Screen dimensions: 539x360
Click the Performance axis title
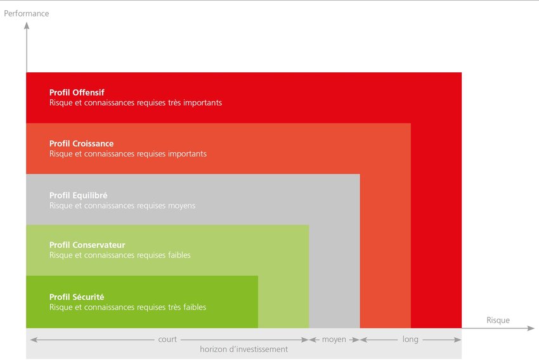click(x=27, y=13)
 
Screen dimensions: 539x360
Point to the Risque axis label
click(x=498, y=320)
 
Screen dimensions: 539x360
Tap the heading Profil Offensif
click(x=77, y=93)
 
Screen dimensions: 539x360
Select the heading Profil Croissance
click(x=81, y=144)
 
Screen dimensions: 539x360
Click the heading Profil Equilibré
click(x=79, y=195)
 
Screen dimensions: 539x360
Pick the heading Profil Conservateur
click(x=87, y=245)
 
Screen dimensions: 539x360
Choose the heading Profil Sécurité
click(x=77, y=297)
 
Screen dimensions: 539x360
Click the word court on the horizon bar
click(x=167, y=339)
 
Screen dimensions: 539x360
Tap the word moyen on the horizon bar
click(x=334, y=340)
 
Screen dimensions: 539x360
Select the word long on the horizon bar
click(x=410, y=339)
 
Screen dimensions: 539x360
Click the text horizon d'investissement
click(x=244, y=349)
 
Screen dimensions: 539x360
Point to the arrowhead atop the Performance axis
click(x=27, y=25)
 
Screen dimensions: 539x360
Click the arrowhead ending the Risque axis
click(x=531, y=328)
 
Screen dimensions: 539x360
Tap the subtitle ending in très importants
click(x=136, y=103)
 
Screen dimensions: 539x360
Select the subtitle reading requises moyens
click(x=122, y=206)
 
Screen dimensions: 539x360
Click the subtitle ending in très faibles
click(x=127, y=307)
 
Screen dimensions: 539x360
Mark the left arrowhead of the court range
click(x=34, y=340)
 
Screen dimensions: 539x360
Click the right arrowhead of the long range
click(x=458, y=340)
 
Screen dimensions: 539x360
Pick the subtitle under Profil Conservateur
click(x=120, y=255)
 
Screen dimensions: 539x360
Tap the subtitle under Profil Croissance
click(x=128, y=154)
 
